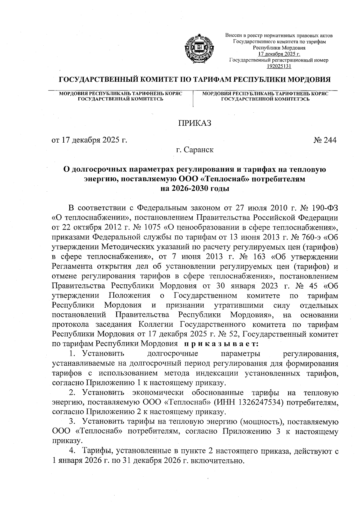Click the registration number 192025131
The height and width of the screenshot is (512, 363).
pos(279,66)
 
